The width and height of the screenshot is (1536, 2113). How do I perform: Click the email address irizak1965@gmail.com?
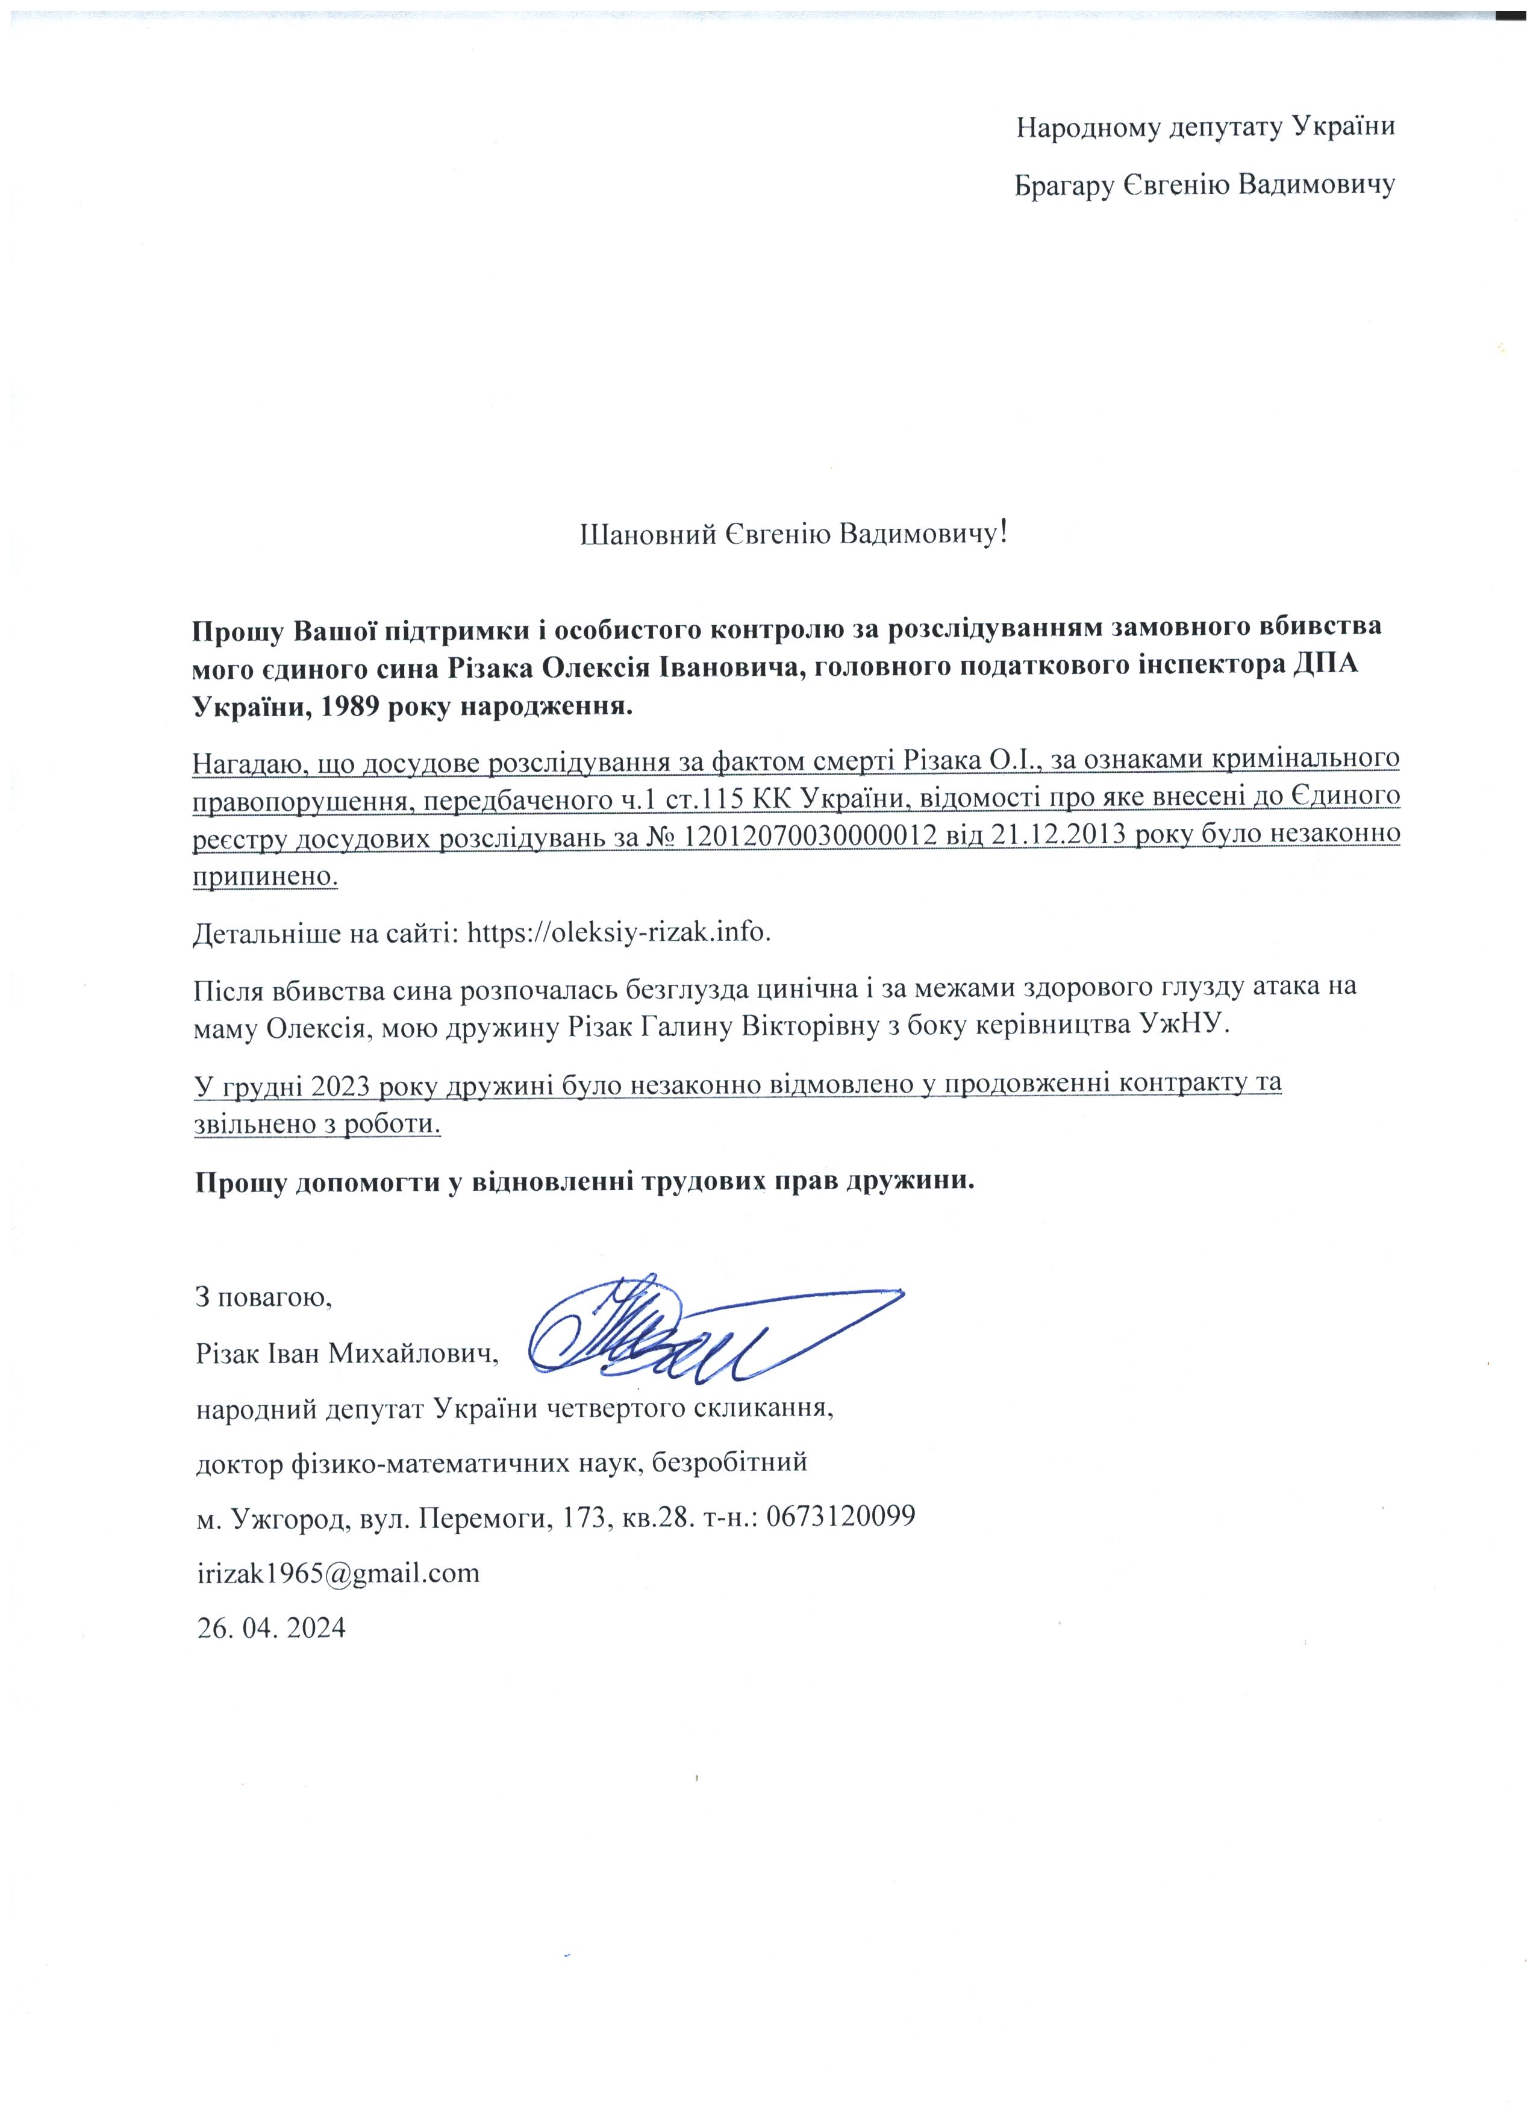[337, 1573]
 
